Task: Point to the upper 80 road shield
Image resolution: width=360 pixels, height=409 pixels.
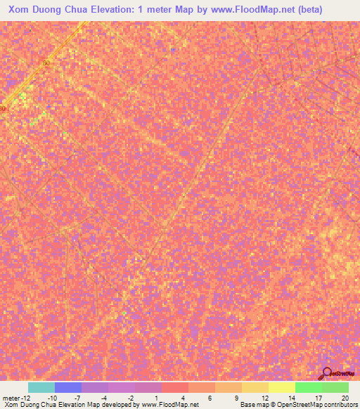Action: point(46,63)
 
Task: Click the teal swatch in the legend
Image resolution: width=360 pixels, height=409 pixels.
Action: point(41,387)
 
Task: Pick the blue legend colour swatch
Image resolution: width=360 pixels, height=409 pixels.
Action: point(67,387)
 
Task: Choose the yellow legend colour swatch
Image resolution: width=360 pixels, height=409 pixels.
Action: point(281,387)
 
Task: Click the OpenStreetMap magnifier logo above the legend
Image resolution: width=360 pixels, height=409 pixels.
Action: point(327,374)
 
